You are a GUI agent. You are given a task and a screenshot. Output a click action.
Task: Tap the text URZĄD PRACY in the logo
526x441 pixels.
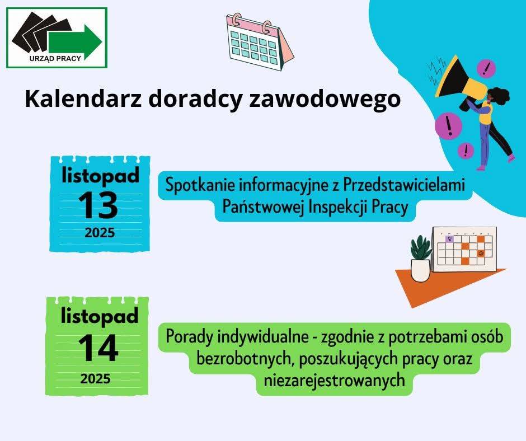tap(55, 58)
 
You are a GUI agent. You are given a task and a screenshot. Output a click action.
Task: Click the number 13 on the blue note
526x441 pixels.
tap(98, 205)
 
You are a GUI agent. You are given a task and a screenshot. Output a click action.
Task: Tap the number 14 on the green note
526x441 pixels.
tap(98, 348)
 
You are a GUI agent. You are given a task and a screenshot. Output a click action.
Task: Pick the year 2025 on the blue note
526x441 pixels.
tap(100, 233)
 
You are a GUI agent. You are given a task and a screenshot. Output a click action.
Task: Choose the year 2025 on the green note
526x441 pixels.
tap(96, 379)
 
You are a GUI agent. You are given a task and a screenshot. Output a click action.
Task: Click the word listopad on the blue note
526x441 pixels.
tap(100, 176)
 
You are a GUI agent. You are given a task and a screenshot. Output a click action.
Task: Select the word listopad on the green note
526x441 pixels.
tap(100, 316)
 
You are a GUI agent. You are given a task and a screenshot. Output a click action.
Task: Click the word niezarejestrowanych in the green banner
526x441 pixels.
tap(334, 380)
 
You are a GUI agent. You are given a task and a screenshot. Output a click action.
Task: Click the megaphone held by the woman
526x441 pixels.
tap(459, 82)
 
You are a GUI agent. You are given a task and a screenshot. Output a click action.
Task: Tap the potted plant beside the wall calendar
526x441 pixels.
tap(420, 259)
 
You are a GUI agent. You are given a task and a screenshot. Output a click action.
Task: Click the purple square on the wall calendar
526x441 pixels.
tap(449, 239)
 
